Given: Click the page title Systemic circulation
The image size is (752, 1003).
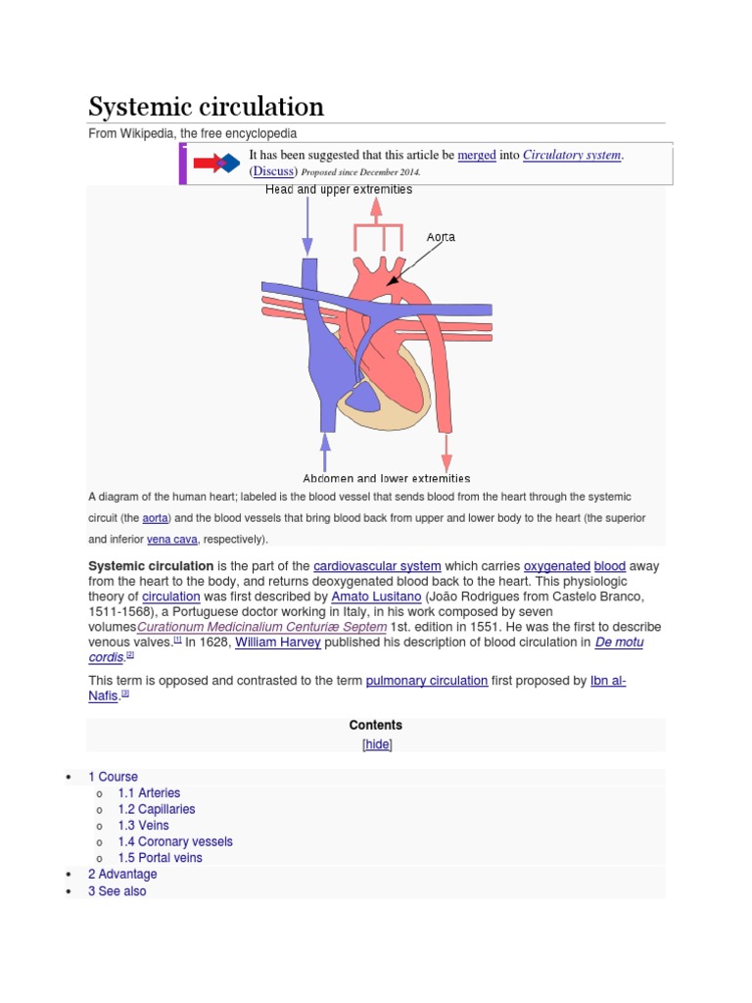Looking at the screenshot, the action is click(206, 106).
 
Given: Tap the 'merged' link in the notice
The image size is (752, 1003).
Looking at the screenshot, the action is click(477, 155).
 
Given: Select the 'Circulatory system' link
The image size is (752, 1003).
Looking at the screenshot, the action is click(572, 155).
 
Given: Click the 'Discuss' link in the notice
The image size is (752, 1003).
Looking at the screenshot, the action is click(274, 171).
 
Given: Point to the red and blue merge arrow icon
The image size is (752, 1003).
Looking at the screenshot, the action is click(216, 163).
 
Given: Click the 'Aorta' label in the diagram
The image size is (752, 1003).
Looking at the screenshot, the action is click(441, 237).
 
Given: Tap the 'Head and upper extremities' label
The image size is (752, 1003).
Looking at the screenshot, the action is click(339, 190).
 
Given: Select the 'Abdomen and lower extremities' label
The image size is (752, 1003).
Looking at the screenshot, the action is click(387, 478).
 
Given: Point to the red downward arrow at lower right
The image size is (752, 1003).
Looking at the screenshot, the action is click(446, 453).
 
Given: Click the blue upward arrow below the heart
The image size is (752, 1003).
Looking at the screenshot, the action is click(325, 453).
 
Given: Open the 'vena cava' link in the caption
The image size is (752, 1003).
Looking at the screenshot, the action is click(172, 540).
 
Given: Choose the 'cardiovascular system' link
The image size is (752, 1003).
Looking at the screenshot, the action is click(377, 566).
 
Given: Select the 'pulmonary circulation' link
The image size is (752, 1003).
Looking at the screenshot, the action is click(426, 680).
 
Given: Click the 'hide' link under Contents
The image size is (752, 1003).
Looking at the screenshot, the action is click(377, 744).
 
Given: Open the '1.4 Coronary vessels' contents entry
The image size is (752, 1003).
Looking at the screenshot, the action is click(175, 841).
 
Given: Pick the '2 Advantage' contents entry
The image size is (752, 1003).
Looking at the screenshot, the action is click(122, 874).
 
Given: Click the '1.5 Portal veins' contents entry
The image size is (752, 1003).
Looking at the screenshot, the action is click(160, 858).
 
